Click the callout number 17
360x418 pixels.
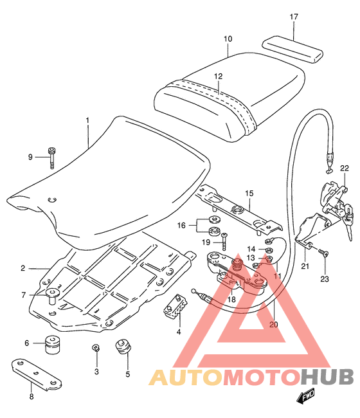(294, 17)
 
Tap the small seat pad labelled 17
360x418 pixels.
(292, 50)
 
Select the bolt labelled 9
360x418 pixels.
(52, 158)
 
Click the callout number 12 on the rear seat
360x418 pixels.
(218, 77)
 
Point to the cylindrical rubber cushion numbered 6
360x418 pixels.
(52, 345)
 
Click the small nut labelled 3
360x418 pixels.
(96, 347)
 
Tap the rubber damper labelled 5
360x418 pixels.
(123, 347)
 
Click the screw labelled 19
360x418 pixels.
(224, 241)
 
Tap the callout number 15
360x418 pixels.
(249, 194)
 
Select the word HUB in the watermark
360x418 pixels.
(327, 377)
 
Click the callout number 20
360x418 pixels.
(273, 324)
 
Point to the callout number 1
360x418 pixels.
(87, 120)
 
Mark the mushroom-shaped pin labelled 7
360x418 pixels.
(53, 296)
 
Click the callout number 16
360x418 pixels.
(181, 226)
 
